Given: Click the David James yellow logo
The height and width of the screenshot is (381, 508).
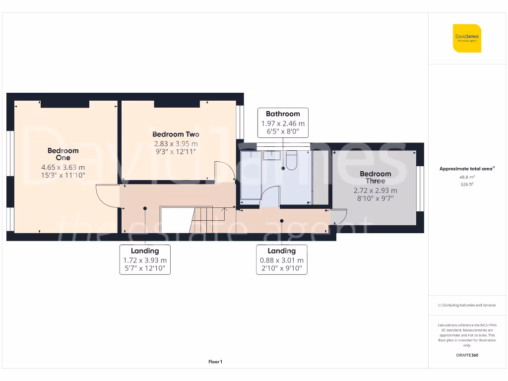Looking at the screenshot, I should (x=467, y=38).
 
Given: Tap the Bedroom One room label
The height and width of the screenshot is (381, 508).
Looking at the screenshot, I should (x=63, y=154).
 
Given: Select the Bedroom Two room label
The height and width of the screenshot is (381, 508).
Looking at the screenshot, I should (x=176, y=134).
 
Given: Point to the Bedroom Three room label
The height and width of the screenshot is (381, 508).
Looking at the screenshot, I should (x=375, y=177).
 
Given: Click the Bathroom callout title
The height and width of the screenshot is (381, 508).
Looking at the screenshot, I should (x=283, y=114).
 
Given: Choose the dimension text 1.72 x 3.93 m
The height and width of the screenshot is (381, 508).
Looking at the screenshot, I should (x=145, y=260).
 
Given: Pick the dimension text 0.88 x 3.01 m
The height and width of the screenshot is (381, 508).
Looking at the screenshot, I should (x=282, y=260).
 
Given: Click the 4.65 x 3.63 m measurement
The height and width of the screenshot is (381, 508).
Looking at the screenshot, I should (x=63, y=167).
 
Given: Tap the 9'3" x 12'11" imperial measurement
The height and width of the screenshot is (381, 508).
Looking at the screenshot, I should (x=176, y=152).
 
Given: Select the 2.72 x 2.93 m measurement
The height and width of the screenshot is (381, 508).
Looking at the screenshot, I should (x=375, y=190).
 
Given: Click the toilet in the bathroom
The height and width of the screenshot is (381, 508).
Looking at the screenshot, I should (x=291, y=159).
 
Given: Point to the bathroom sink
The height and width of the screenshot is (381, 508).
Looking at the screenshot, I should (x=272, y=155).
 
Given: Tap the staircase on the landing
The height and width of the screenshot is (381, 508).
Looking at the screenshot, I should (x=206, y=219).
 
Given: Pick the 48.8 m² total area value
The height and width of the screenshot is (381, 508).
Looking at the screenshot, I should (x=466, y=177).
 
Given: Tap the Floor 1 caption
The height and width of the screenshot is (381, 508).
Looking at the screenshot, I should (x=215, y=362).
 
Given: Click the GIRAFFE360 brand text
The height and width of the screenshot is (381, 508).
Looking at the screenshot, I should (x=466, y=355).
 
